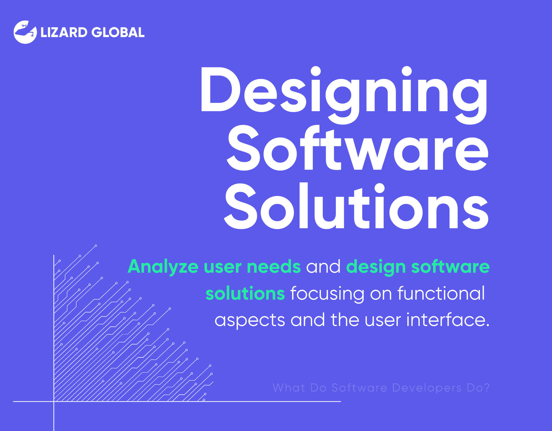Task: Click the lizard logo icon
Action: (25, 32)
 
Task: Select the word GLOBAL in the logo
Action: (118, 32)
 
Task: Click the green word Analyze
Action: (163, 267)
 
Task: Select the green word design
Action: (376, 267)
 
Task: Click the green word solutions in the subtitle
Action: (245, 293)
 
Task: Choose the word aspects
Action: (250, 321)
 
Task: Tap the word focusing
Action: (327, 294)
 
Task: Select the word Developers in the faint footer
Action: (427, 388)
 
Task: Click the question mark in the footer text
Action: (487, 388)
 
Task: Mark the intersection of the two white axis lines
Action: (54, 401)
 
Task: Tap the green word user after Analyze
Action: (223, 267)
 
